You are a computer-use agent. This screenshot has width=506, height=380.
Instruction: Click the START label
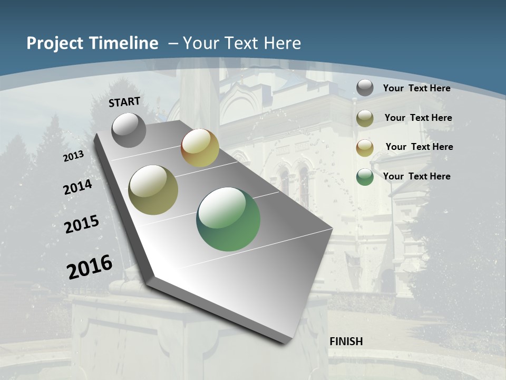[124, 102]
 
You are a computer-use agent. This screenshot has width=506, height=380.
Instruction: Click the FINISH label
[346, 341]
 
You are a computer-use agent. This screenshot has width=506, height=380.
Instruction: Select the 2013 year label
[74, 156]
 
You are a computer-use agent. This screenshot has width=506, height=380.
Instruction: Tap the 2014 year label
[78, 187]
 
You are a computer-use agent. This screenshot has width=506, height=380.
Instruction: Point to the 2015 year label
[82, 224]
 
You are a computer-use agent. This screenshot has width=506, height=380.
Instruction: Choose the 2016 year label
[90, 267]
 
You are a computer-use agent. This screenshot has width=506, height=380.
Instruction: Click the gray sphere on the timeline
[129, 130]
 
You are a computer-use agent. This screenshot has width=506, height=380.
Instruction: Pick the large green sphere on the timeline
[228, 219]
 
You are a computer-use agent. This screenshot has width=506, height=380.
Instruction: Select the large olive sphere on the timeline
[153, 190]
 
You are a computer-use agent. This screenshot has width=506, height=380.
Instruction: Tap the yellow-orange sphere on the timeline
[200, 148]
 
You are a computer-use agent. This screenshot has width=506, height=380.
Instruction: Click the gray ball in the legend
[365, 88]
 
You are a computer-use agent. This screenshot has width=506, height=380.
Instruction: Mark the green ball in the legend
[365, 177]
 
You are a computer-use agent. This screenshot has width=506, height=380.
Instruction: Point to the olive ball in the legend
[365, 118]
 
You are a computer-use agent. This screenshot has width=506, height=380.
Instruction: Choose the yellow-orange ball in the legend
[365, 148]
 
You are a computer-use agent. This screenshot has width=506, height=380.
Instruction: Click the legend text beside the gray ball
[416, 88]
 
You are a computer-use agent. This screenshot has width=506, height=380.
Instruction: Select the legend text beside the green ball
[416, 176]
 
